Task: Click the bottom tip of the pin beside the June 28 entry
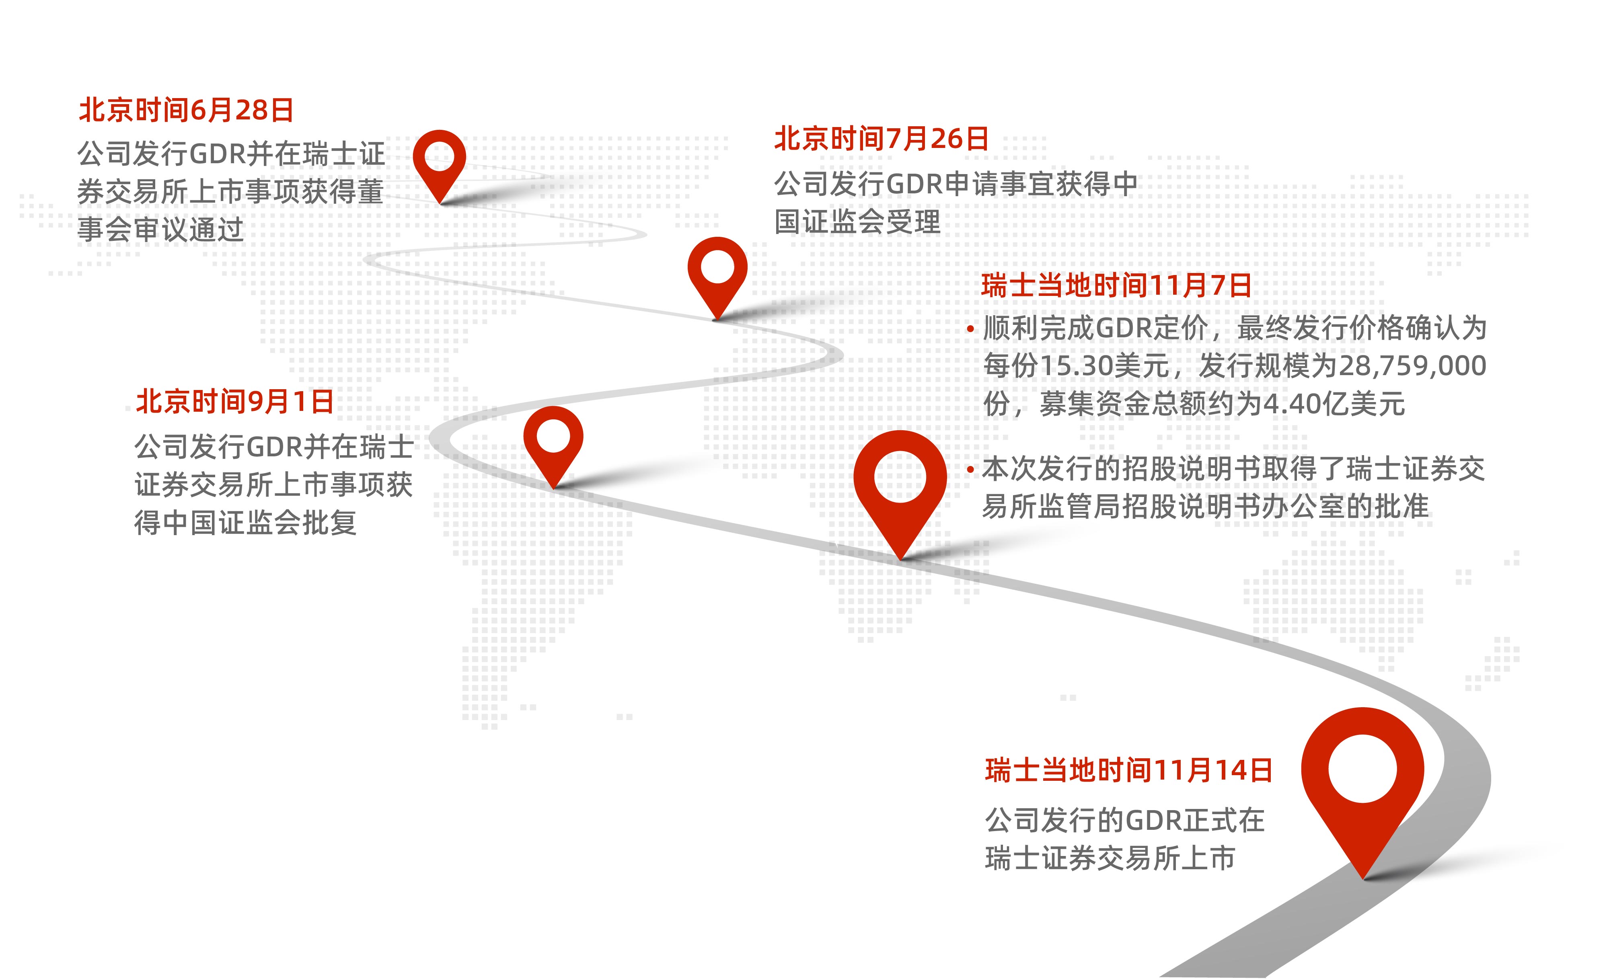(x=441, y=203)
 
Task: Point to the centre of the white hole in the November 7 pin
(x=900, y=476)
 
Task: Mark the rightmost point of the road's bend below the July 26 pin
(x=843, y=354)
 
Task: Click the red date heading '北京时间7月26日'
(x=882, y=139)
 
